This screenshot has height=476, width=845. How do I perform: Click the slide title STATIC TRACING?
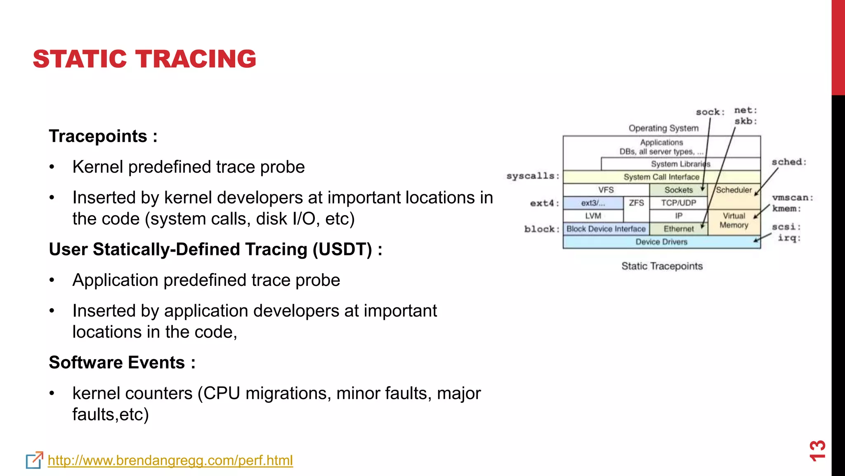(144, 59)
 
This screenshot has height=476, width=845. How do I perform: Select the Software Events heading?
(122, 363)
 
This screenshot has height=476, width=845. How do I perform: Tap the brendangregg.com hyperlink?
(170, 460)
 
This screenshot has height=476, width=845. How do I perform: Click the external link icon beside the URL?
(34, 460)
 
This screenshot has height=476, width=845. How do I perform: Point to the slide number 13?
(817, 450)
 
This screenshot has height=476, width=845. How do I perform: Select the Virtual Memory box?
(734, 221)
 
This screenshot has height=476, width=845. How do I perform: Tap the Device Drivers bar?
(661, 242)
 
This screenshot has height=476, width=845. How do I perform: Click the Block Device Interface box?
(606, 229)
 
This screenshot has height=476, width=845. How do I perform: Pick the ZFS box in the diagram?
(636, 203)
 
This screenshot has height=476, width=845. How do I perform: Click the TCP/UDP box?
(678, 203)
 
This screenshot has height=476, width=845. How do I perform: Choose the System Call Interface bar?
(661, 177)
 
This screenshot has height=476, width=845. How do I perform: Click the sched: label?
(789, 162)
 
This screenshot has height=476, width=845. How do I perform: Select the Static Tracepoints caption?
(662, 266)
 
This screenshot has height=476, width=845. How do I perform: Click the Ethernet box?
(678, 229)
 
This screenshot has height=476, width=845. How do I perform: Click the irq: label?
(789, 238)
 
